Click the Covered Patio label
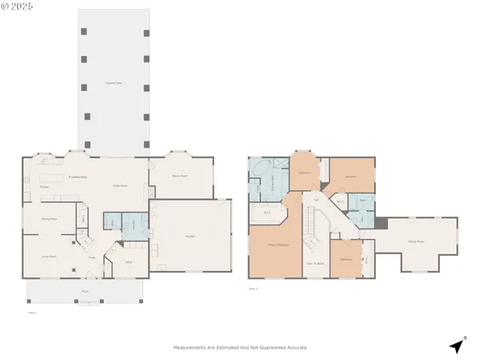[x=113, y=83]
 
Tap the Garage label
[x=190, y=236]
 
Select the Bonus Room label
[x=181, y=176]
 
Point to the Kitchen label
[x=45, y=186]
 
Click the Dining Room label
[x=49, y=218]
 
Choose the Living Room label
[x=48, y=257]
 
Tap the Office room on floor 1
[x=128, y=262]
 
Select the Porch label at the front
[x=84, y=292]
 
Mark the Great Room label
[x=120, y=186]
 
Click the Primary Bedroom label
[x=278, y=246]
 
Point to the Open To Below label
[x=314, y=262]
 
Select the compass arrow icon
[x=457, y=345]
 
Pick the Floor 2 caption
[x=253, y=288]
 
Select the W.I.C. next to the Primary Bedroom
[x=267, y=213]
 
